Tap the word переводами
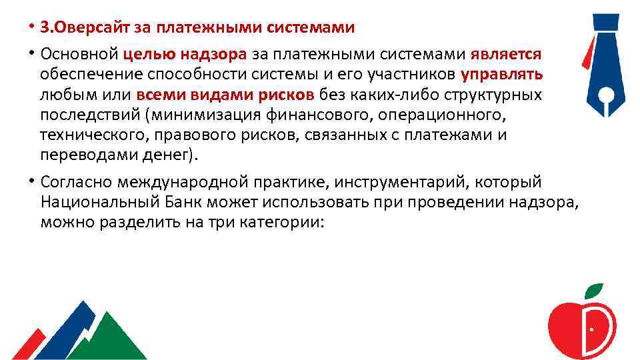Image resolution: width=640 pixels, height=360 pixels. click(x=77, y=156)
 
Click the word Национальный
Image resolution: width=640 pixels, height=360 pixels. click(x=91, y=202)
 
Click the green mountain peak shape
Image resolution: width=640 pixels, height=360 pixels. click(x=107, y=337)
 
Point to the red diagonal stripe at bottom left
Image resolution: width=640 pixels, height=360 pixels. click(x=30, y=343)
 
